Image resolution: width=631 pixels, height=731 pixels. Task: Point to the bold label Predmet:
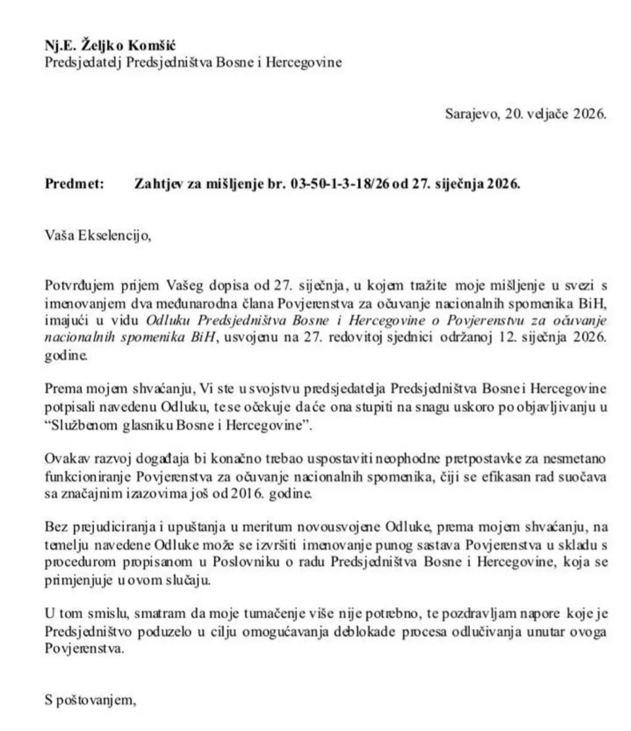click(75, 184)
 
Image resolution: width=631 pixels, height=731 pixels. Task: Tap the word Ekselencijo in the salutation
click(112, 235)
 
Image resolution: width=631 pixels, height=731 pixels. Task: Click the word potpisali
click(73, 406)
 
